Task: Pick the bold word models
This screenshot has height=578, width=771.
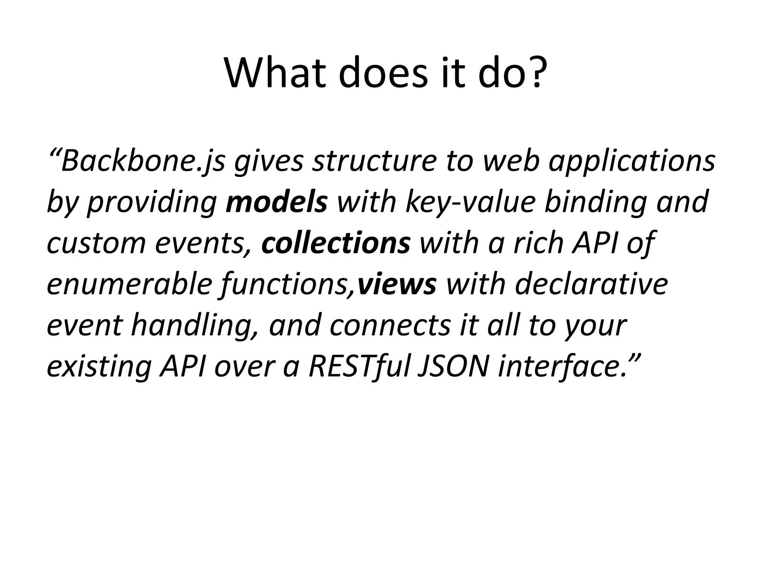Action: pos(277,201)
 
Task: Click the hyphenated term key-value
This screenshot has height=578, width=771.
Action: pos(470,201)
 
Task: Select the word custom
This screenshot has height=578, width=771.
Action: pos(96,243)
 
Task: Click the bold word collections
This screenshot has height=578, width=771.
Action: pos(335,243)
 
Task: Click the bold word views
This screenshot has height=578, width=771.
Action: pos(397,284)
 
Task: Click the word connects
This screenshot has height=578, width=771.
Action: pos(390,325)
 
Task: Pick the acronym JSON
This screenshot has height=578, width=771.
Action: pos(453,366)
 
